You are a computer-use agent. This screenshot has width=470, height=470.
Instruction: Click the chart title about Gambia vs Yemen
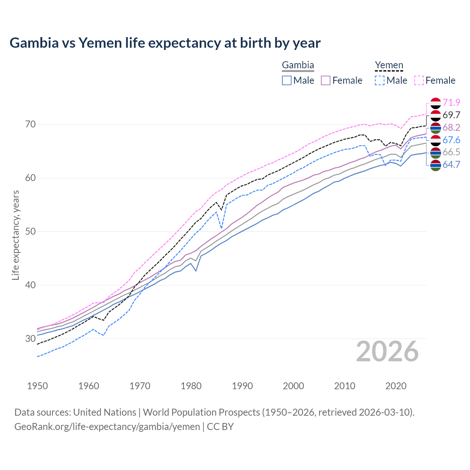point(165,43)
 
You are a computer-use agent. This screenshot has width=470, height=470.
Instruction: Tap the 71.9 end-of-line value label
point(451,102)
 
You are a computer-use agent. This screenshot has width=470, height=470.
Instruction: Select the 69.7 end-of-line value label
point(451,115)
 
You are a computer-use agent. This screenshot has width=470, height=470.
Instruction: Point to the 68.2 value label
point(451,127)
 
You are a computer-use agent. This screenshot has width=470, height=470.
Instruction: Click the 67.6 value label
point(451,140)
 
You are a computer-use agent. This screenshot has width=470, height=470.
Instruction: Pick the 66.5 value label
point(451,152)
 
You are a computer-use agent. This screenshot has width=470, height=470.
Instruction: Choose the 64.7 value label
point(451,164)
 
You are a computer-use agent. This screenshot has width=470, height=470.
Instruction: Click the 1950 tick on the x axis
point(37,386)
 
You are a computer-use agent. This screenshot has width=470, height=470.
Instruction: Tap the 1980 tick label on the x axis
point(191,386)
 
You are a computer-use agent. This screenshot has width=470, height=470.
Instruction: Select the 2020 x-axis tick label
point(396,386)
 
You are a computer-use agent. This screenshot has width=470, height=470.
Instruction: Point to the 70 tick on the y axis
point(30,124)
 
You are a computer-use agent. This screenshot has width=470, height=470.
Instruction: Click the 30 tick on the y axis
point(30,339)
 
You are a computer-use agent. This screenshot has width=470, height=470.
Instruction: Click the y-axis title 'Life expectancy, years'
point(15,235)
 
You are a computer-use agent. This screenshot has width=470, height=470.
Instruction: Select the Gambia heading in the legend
point(298,65)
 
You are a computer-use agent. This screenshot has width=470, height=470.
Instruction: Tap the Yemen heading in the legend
point(389,65)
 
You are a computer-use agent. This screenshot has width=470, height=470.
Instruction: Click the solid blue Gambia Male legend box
point(287,80)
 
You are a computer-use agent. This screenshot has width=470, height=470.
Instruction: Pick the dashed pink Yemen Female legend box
point(419,80)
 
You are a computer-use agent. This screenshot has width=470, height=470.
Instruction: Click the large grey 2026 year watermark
point(387,351)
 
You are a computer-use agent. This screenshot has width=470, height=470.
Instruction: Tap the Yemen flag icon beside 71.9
point(435,103)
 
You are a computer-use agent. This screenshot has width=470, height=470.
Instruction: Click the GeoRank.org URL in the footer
point(107,427)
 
